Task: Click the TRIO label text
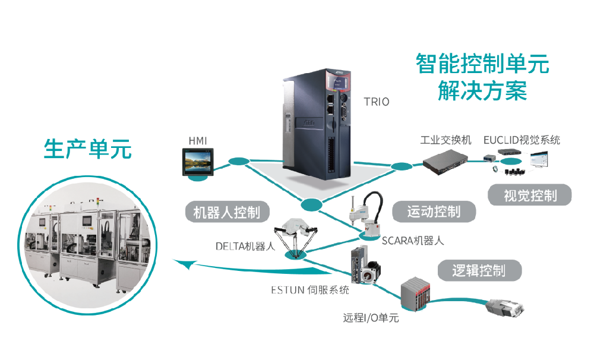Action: point(377,102)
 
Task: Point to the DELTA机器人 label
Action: point(246,247)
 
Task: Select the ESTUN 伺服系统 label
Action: point(309,290)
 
